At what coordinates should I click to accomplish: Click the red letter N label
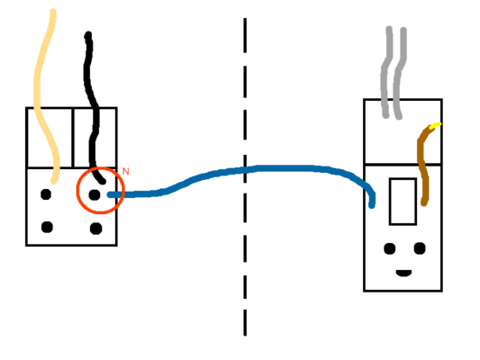point(125,171)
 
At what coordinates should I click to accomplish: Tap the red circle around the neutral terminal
point(77,190)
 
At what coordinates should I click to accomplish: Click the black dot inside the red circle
point(95,194)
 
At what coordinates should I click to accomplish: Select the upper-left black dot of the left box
point(46,194)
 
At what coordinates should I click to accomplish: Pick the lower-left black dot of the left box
point(47,227)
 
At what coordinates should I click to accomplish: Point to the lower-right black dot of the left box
point(95,229)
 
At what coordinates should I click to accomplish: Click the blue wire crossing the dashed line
point(245,170)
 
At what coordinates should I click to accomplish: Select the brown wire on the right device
point(422,166)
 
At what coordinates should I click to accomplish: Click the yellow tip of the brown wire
point(435,125)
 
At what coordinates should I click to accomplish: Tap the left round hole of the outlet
point(389,248)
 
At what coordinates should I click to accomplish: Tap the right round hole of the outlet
point(420,248)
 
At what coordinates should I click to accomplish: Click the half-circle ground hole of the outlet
point(403,273)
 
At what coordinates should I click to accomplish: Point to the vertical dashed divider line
point(245,176)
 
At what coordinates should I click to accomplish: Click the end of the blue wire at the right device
point(372,206)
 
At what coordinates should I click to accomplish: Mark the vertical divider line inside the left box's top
point(73,138)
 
